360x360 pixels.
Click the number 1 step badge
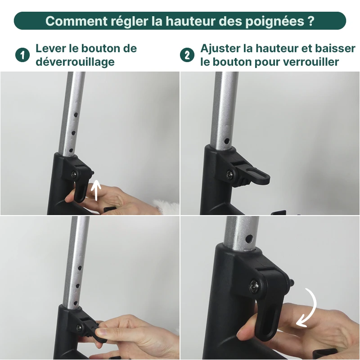(x=22, y=55)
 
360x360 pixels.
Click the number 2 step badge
(x=187, y=55)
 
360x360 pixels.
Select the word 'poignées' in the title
(x=270, y=21)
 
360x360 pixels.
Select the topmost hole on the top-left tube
(x=76, y=115)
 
